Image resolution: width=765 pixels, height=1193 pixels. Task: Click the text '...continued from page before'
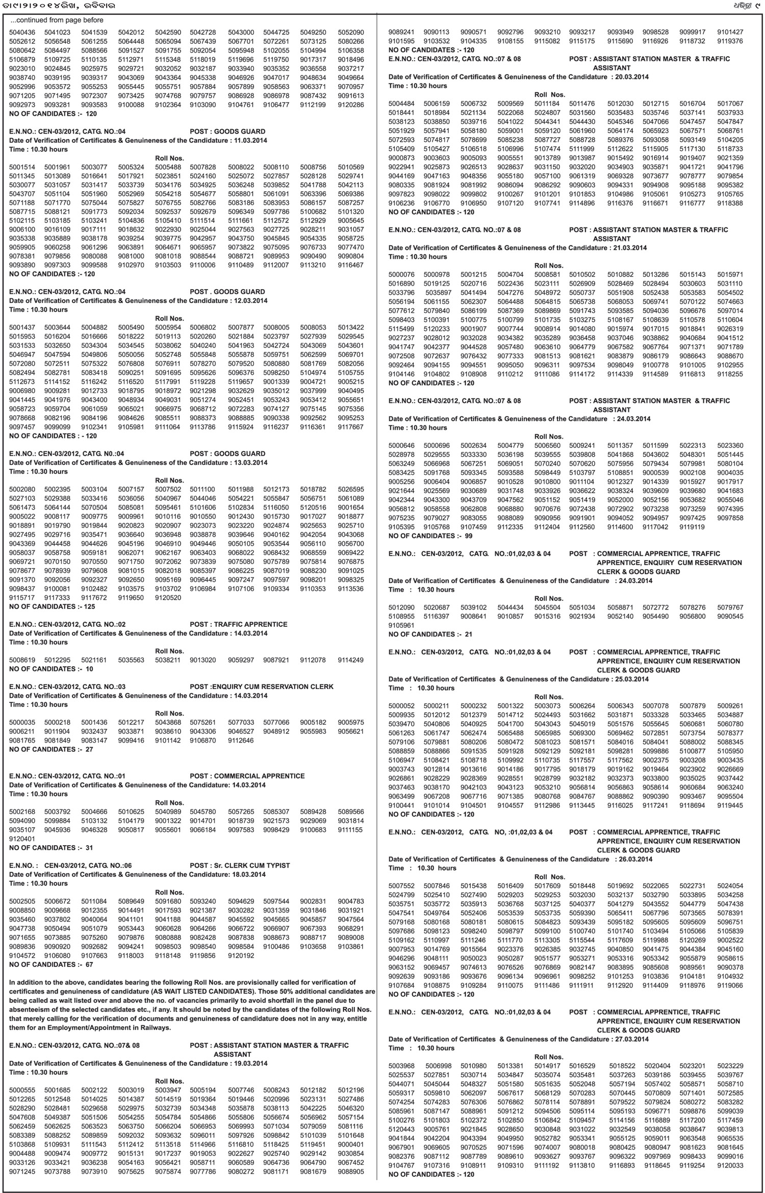point(57,20)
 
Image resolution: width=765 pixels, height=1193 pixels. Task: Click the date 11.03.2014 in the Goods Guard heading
point(250,140)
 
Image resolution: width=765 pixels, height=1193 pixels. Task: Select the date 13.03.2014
point(250,463)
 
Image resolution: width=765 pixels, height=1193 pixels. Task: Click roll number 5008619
point(22,660)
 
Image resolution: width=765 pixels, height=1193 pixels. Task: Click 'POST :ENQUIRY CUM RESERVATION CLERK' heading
point(262,687)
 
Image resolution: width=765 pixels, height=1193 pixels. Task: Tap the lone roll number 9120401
point(22,839)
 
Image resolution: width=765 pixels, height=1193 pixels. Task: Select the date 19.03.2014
point(250,1063)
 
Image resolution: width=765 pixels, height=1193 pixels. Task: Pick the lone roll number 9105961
point(401,625)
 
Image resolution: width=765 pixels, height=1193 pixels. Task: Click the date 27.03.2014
point(632,1039)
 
